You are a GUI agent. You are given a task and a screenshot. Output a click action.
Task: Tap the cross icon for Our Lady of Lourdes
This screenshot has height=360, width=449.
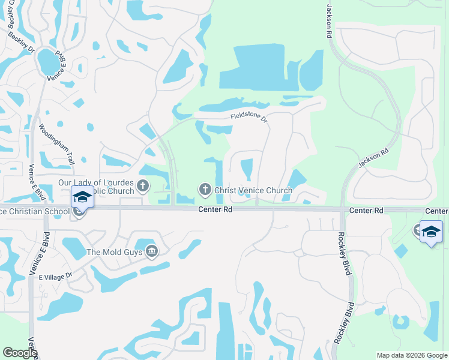(143, 185)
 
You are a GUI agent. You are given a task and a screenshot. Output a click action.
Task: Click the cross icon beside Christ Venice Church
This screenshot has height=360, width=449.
(205, 190)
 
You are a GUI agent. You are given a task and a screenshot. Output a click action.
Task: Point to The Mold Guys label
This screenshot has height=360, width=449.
(114, 253)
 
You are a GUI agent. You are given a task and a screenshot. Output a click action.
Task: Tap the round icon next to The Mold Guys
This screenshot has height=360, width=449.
(152, 251)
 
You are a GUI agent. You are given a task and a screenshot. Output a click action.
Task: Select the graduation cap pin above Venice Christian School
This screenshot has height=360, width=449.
(82, 197)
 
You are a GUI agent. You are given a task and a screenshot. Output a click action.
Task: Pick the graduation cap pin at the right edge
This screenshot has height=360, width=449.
(432, 232)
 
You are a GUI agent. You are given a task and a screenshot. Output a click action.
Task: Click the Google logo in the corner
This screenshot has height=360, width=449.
(20, 353)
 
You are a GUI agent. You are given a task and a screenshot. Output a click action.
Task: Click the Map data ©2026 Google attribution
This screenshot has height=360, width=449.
(412, 355)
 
